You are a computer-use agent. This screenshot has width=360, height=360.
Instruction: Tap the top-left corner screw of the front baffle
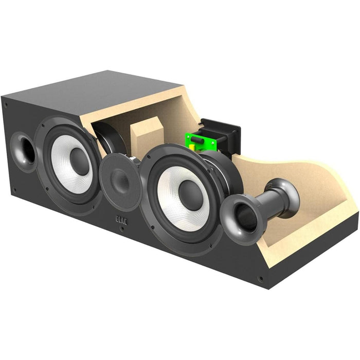coord(6,104)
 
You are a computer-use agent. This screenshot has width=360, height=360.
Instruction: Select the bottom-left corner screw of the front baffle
coord(14,191)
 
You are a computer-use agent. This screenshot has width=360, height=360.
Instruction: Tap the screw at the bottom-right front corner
coord(261,279)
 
